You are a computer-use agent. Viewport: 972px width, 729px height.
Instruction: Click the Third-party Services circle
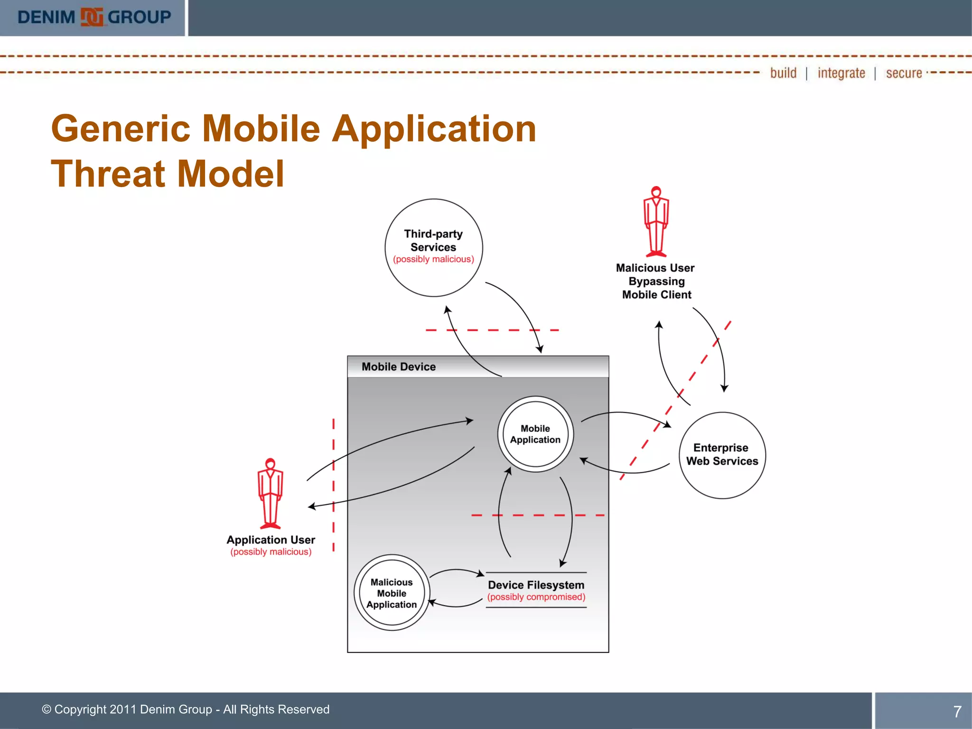click(x=433, y=248)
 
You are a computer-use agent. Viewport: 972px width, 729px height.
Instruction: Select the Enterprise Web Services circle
click(x=722, y=455)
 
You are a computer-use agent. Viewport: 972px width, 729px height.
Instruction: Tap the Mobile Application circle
click(x=535, y=434)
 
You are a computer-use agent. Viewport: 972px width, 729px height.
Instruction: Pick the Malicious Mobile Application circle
click(x=392, y=593)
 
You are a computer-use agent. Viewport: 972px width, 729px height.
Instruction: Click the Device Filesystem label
click(x=536, y=585)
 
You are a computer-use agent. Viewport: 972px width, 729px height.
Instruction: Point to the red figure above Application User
click(x=270, y=494)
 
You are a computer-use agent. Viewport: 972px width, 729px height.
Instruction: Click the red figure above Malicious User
click(x=656, y=222)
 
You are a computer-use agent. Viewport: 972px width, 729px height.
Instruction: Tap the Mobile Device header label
click(x=398, y=367)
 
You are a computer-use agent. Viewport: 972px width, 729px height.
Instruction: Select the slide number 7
click(x=957, y=711)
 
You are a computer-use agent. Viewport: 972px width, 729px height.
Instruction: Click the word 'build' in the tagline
click(x=783, y=73)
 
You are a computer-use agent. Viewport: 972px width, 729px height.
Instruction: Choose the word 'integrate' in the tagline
click(x=841, y=73)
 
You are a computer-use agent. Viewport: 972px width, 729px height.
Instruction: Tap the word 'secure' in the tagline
click(x=904, y=73)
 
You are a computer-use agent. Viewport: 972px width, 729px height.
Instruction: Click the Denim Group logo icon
click(x=92, y=17)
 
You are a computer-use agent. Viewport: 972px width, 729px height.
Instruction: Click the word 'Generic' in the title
click(x=121, y=129)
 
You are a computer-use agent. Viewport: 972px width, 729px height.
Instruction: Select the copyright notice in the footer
click(x=186, y=710)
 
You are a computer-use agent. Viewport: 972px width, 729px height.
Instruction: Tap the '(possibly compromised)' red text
click(x=536, y=597)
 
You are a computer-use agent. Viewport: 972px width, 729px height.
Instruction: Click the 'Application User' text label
click(x=271, y=540)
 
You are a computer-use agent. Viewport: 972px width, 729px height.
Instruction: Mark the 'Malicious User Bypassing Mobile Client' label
click(x=656, y=281)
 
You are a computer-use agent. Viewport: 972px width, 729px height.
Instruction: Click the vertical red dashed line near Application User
click(x=334, y=484)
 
